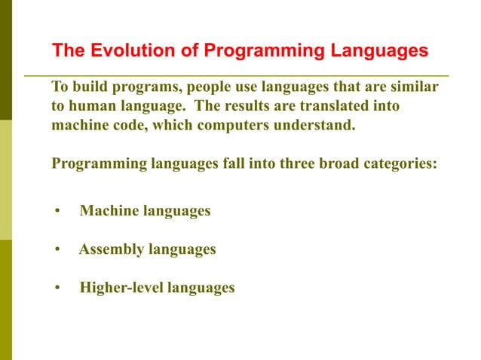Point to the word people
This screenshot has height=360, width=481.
pos(219,87)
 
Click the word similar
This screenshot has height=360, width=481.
pos(415,87)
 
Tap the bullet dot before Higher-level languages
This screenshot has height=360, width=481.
pos(57,288)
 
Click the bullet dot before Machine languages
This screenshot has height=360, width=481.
pos(57,212)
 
